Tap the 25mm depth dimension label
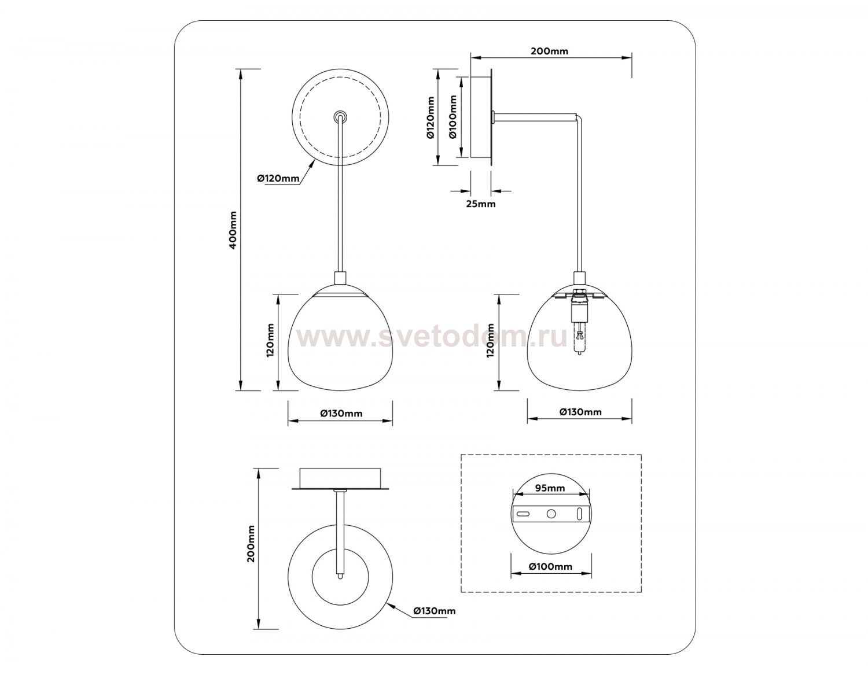coord(480,204)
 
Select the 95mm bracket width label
coord(550,488)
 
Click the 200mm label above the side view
coord(549,51)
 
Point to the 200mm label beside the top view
coord(251,544)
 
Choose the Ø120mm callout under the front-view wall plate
coord(278,178)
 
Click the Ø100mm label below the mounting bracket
coord(550,566)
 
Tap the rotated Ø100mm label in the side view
coord(453,117)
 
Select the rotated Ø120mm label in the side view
coord(430,117)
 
